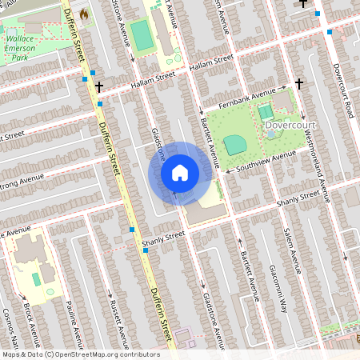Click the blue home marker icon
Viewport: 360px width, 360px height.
[x=180, y=173]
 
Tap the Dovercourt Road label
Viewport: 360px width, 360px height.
[x=340, y=93]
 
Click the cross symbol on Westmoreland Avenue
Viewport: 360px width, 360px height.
[x=299, y=82]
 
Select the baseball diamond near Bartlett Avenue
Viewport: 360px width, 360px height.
[x=234, y=144]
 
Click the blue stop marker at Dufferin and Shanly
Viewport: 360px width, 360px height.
[x=132, y=230]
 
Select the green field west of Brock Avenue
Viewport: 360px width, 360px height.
[x=36, y=278]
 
